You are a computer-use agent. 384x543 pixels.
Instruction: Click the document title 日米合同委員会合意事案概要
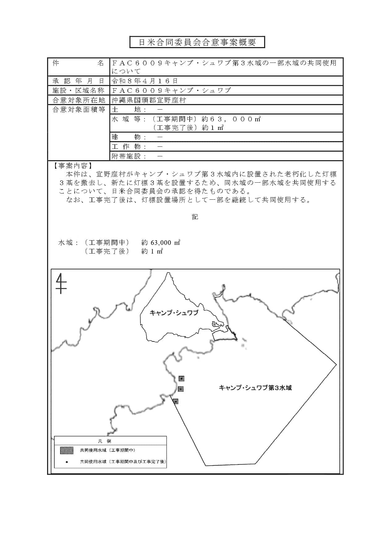(x=197, y=42)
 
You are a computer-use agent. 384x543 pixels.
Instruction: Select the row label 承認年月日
(x=79, y=81)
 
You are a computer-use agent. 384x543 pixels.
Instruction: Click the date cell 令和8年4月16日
(x=145, y=81)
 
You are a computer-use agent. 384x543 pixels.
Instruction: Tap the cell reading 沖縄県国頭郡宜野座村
(x=149, y=100)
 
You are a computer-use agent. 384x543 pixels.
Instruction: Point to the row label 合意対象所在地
(x=79, y=100)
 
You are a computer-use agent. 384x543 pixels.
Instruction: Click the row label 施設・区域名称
(x=79, y=90)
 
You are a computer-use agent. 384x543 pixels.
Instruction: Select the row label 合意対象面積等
(x=79, y=110)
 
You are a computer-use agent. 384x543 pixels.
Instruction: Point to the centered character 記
(x=195, y=217)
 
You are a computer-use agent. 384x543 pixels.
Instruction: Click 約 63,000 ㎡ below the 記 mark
(x=161, y=243)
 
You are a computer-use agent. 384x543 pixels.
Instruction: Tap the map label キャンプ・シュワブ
(x=174, y=313)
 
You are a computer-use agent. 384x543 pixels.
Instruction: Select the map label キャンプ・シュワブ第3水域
(x=255, y=388)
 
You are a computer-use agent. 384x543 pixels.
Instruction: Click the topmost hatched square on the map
(x=181, y=378)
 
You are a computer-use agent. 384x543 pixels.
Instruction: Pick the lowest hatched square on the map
(x=175, y=401)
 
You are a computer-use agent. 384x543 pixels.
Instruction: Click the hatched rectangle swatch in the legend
(x=67, y=450)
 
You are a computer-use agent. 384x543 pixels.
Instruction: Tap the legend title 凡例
(x=106, y=441)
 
